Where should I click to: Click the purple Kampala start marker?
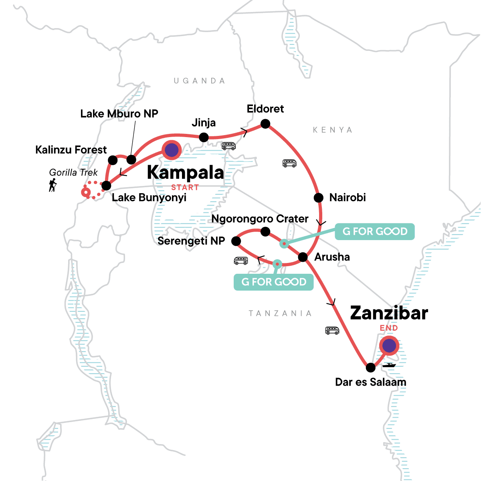pyautogui.click(x=172, y=150)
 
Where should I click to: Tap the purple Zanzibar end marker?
pyautogui.click(x=389, y=346)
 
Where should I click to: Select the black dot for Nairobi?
pyautogui.click(x=318, y=198)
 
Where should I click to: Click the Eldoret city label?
pyautogui.click(x=265, y=109)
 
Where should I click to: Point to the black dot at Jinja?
pyautogui.click(x=204, y=137)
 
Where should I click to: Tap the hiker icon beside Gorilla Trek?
pyautogui.click(x=53, y=185)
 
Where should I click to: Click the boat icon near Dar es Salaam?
pyautogui.click(x=389, y=365)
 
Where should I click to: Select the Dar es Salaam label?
pyautogui.click(x=370, y=382)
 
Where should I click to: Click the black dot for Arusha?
pyautogui.click(x=303, y=257)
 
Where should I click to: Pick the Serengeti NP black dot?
pyautogui.click(x=236, y=241)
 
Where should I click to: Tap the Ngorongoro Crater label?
pyautogui.click(x=260, y=219)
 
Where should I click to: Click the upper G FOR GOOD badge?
pyautogui.click(x=374, y=232)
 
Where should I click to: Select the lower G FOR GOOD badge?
pyautogui.click(x=273, y=282)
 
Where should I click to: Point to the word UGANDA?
pyautogui.click(x=199, y=81)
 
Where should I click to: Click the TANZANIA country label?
pyautogui.click(x=280, y=313)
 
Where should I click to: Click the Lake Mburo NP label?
pyautogui.click(x=119, y=114)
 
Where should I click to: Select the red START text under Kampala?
pyautogui.click(x=185, y=187)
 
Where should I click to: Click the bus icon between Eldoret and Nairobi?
pyautogui.click(x=289, y=163)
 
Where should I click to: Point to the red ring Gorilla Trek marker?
pyautogui.click(x=85, y=192)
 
